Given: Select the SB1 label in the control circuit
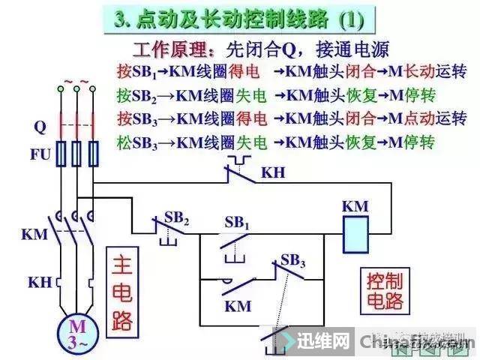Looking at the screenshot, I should tap(237, 223).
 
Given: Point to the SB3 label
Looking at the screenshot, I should tap(292, 260).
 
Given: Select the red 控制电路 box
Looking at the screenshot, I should tap(385, 292).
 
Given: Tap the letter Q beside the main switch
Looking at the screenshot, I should tap(40, 127).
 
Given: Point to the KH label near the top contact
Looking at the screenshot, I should tap(273, 172).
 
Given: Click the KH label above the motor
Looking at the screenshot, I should tap(40, 283).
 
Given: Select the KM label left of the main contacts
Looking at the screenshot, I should tap(34, 235).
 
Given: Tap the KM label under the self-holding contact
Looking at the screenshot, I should tap(238, 306).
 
